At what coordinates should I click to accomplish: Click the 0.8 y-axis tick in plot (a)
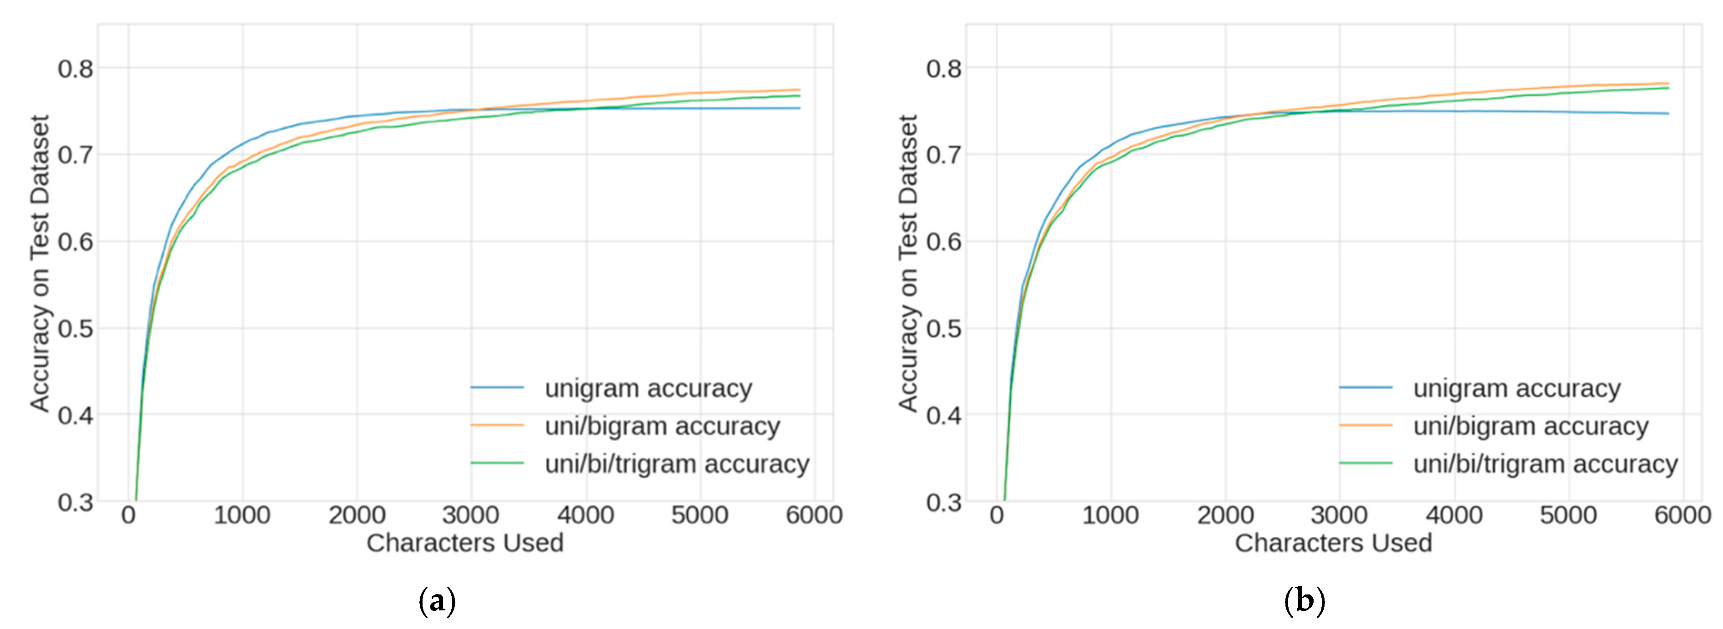(75, 68)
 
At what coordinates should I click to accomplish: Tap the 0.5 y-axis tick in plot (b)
(944, 329)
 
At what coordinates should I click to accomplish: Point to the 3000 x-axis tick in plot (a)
(471, 515)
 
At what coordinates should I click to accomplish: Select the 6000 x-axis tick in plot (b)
(1682, 515)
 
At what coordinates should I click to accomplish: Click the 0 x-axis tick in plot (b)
(997, 515)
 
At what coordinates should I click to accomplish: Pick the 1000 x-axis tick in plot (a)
(242, 515)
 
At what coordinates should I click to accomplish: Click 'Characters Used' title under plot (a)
(465, 543)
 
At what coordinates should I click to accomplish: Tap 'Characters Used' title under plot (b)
(1333, 543)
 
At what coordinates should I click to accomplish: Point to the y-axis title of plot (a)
(40, 263)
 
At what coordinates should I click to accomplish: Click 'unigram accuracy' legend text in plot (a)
(648, 389)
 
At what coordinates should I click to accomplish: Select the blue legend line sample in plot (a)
(497, 388)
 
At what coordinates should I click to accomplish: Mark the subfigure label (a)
(437, 601)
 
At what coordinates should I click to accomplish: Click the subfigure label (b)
(1304, 601)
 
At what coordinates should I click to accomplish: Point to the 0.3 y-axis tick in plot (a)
(75, 502)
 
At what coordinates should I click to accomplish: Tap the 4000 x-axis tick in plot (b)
(1454, 515)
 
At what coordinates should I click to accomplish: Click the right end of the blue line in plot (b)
(1668, 114)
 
